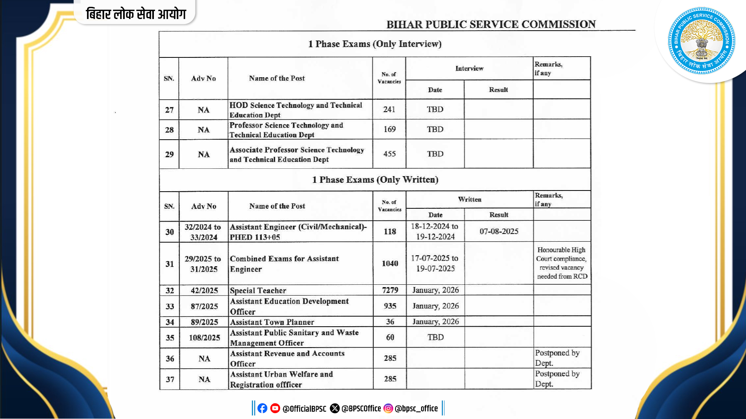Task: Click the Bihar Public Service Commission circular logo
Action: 701,41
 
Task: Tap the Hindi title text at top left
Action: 136,14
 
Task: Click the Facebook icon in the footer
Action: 262,408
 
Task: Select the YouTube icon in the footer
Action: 275,408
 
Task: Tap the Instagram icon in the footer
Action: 388,408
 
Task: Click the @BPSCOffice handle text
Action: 361,409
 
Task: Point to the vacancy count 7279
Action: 390,290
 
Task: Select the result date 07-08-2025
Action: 499,232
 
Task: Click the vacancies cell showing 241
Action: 389,109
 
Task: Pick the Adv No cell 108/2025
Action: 204,338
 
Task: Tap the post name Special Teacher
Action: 258,291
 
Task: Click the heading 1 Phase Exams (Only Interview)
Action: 375,44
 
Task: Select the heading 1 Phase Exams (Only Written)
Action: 375,180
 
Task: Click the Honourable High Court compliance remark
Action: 562,263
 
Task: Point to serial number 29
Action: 169,154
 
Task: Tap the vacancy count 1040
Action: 390,263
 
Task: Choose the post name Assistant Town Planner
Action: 272,322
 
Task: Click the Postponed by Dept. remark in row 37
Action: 557,379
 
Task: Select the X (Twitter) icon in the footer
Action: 335,408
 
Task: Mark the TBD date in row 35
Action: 436,337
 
